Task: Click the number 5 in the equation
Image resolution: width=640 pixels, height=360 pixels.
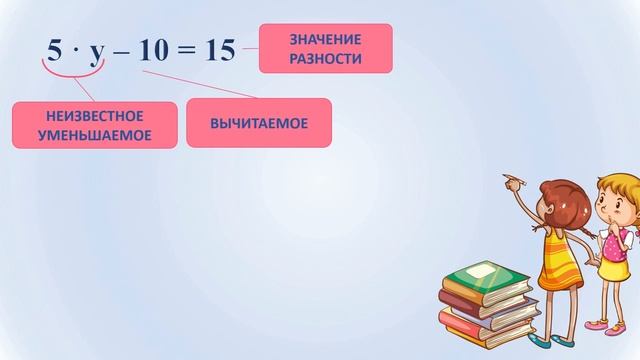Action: pyautogui.click(x=54, y=51)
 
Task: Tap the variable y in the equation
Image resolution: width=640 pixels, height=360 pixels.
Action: pyautogui.click(x=97, y=53)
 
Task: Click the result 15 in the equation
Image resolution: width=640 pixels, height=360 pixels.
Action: pyautogui.click(x=219, y=51)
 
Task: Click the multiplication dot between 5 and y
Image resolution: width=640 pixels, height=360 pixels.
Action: pyautogui.click(x=76, y=52)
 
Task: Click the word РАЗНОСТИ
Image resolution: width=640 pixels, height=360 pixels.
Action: pyautogui.click(x=325, y=58)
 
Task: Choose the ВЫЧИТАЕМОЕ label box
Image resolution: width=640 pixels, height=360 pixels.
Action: pyautogui.click(x=258, y=123)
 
